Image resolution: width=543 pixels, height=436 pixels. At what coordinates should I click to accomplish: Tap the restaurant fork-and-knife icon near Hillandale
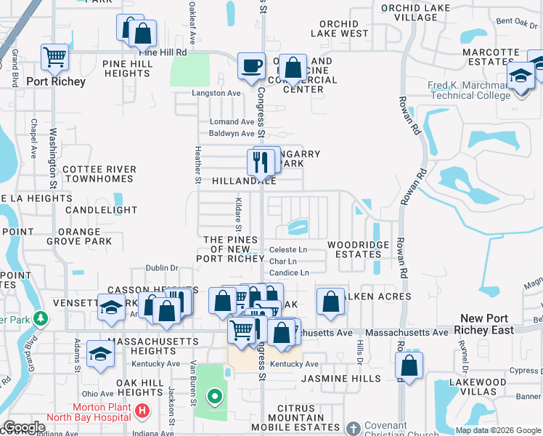[x=259, y=162]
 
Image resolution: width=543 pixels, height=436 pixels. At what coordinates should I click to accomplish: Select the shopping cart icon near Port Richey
[x=54, y=57]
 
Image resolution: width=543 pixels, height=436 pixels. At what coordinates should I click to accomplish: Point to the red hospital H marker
[x=143, y=411]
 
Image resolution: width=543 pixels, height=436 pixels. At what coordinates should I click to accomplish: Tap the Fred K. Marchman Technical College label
[x=469, y=91]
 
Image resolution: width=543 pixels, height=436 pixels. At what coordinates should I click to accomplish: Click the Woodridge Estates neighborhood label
[x=359, y=249]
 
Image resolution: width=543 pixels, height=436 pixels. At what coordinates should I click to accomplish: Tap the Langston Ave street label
[x=216, y=93]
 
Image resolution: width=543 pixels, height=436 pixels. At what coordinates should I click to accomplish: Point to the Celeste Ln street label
[x=288, y=249]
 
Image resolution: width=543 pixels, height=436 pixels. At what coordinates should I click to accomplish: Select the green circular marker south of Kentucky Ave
[x=214, y=397]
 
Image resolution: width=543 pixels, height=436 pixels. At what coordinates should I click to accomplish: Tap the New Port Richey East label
[x=488, y=324]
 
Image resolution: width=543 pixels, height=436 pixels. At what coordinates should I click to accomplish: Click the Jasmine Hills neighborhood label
[x=340, y=379]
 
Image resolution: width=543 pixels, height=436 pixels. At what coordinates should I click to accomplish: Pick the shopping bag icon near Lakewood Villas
[x=409, y=366]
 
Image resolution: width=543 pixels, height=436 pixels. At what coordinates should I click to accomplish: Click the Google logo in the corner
[x=25, y=428]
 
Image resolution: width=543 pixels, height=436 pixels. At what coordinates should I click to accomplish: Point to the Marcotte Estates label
[x=491, y=57]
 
